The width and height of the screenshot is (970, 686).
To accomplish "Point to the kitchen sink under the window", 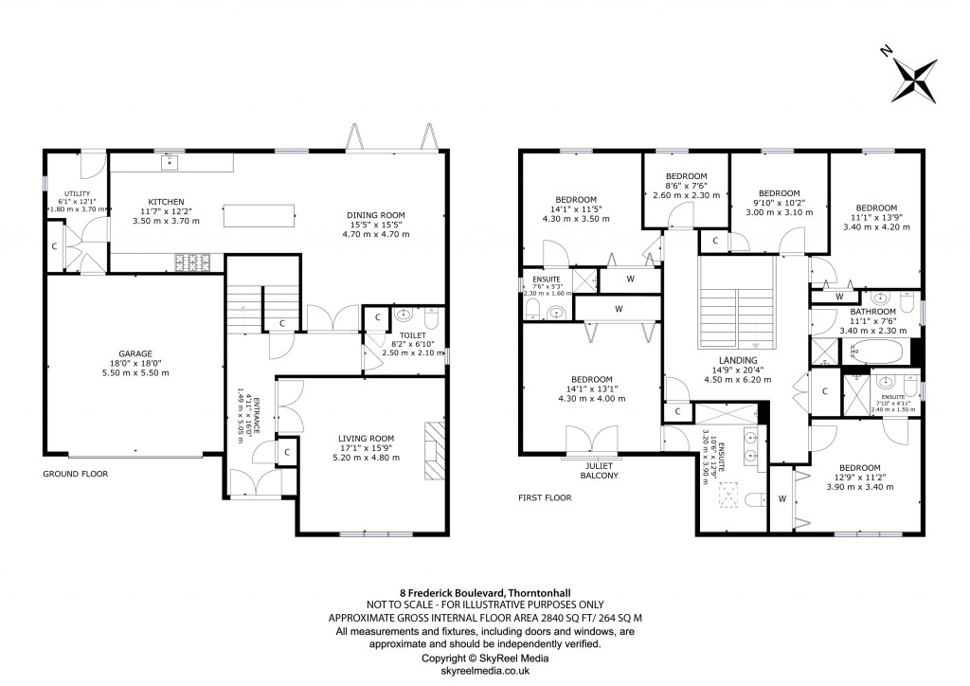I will (x=171, y=163).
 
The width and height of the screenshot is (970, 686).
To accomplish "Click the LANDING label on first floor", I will (x=737, y=361).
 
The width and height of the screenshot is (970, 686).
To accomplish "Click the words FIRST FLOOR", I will (x=545, y=496).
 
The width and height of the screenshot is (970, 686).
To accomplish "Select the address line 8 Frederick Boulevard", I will (x=484, y=592).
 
